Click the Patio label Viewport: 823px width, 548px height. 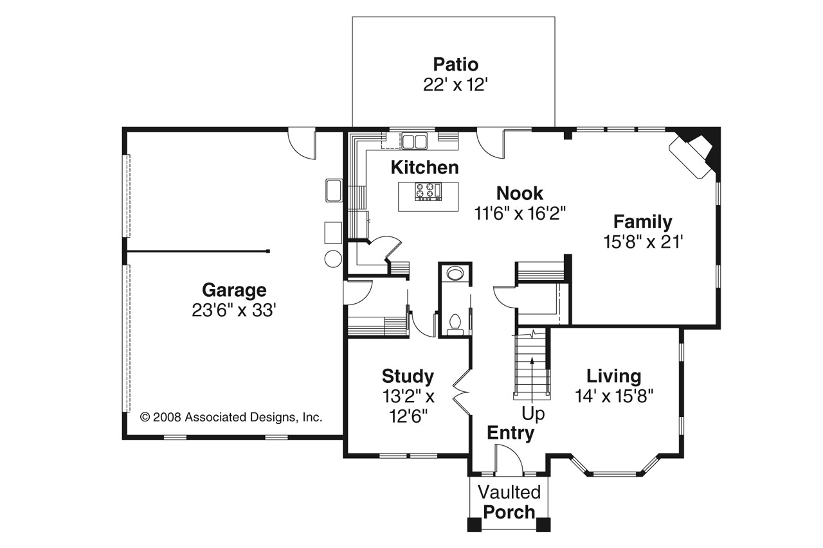tap(456, 65)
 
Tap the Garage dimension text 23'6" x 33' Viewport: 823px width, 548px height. tap(233, 310)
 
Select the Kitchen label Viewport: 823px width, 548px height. tap(425, 168)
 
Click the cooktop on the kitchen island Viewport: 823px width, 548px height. tap(428, 191)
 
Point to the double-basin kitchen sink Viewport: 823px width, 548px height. tap(415, 141)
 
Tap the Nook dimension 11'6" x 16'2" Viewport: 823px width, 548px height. tap(520, 213)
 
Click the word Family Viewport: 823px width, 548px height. tap(643, 222)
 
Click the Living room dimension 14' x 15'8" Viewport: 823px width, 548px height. tap(614, 396)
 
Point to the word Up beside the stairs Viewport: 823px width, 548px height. tap(533, 414)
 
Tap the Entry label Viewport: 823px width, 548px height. tap(511, 433)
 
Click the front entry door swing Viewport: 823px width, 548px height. tap(509, 459)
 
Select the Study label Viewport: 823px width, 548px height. tap(408, 376)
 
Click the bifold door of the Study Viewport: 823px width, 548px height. tap(462, 392)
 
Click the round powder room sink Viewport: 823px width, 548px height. tap(456, 274)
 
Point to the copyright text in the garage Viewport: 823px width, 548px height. tap(231, 417)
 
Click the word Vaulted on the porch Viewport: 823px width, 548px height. tap(509, 492)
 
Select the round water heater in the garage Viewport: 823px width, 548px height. tap(333, 258)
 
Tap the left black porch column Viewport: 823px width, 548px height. tap(475, 524)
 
